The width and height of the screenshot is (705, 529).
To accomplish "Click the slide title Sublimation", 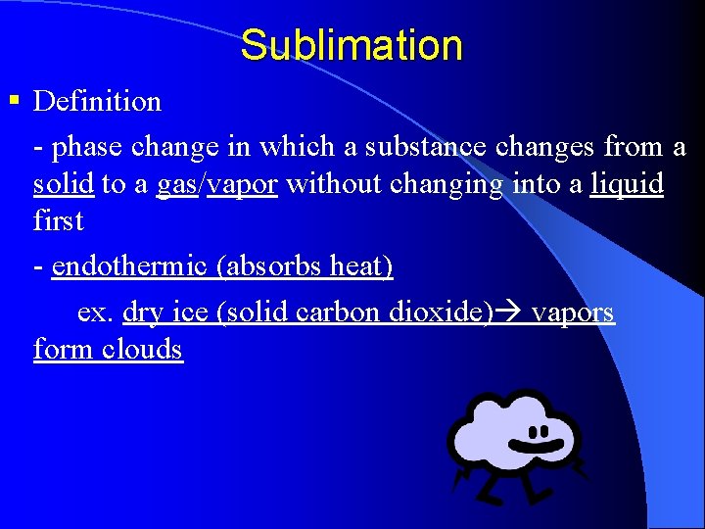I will click(x=351, y=45).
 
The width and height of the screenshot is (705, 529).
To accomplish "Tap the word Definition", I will click(x=97, y=101).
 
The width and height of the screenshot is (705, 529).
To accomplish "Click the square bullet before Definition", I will click(x=14, y=99).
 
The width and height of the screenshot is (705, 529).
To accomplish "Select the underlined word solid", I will click(x=64, y=184).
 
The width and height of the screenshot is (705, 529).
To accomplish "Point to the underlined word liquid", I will click(x=627, y=184).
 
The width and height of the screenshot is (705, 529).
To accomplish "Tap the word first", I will click(x=58, y=220).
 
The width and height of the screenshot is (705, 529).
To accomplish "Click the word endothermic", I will click(x=128, y=267).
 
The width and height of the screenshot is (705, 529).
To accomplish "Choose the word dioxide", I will click(x=434, y=313).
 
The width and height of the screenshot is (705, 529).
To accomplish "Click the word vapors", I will click(x=573, y=313).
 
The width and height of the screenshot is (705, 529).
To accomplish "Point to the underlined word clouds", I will click(x=143, y=350).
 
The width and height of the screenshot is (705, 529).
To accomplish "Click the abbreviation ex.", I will click(x=95, y=313).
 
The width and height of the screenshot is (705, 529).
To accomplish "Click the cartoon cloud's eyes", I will click(x=537, y=431).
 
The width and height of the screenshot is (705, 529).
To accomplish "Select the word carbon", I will click(x=339, y=313).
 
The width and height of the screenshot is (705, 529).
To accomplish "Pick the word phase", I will click(x=88, y=148).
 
